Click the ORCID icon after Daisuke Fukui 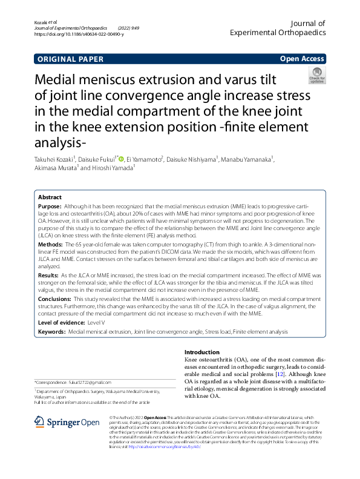click(121, 159)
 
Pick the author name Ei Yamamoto click(145, 159)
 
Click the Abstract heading click(50, 197)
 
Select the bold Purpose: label click(51, 206)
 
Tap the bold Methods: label click(52, 243)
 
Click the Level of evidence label click(61, 323)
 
